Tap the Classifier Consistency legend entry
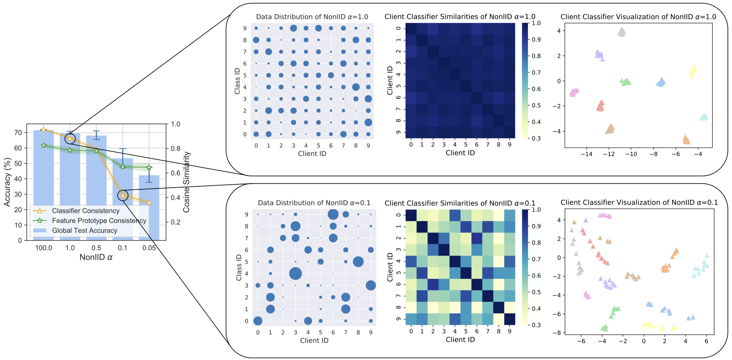pyautogui.click(x=85, y=211)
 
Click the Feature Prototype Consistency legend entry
pyautogui.click(x=99, y=220)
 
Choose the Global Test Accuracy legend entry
pyautogui.click(x=84, y=231)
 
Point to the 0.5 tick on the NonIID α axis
pyautogui.click(x=96, y=248)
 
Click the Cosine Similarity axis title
pyautogui.click(x=186, y=182)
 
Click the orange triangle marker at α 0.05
pyautogui.click(x=149, y=202)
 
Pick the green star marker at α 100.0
pyautogui.click(x=44, y=146)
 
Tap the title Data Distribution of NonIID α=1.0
pyautogui.click(x=312, y=17)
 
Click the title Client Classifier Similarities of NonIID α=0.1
pyautogui.click(x=460, y=203)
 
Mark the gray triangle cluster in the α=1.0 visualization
pyautogui.click(x=622, y=32)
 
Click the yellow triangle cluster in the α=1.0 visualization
pyautogui.click(x=693, y=71)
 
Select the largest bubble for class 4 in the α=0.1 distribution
pyautogui.click(x=295, y=274)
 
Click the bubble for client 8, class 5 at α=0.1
pyautogui.click(x=358, y=262)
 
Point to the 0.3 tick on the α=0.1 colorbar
pyautogui.click(x=536, y=325)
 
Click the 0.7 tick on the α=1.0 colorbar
pyautogui.click(x=536, y=72)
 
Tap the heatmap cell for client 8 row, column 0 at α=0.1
pyautogui.click(x=411, y=307)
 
